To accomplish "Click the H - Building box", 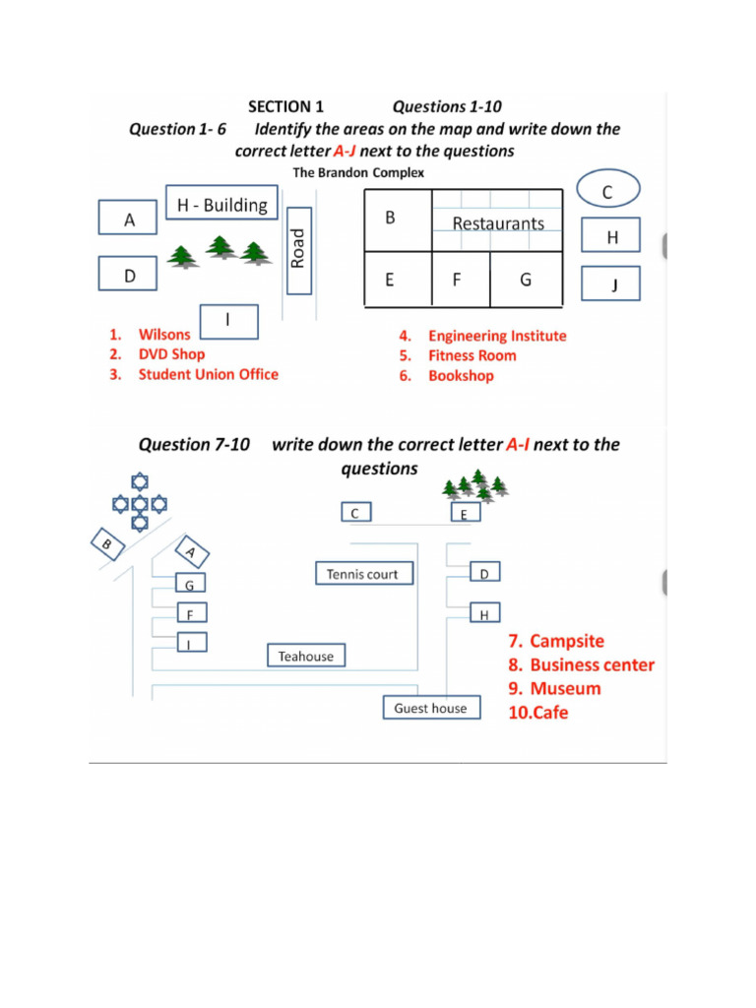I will tap(221, 205).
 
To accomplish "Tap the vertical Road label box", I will tap(299, 250).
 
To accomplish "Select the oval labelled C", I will tap(607, 192).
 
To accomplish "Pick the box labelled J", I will tap(610, 284).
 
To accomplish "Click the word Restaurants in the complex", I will tap(498, 223).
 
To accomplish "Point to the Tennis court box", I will tap(362, 574).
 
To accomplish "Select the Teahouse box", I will tap(306, 656).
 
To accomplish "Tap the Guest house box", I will tap(431, 708).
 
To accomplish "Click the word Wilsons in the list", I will tap(164, 335).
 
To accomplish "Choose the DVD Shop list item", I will tap(172, 354).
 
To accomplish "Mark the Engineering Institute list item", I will tap(497, 336).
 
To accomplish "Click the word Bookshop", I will tap(461, 376).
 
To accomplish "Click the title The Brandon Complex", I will tap(359, 172).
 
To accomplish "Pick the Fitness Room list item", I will tap(472, 355).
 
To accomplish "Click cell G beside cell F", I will tap(526, 280).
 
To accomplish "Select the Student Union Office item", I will tap(208, 374).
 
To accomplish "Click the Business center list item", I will tap(592, 664).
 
